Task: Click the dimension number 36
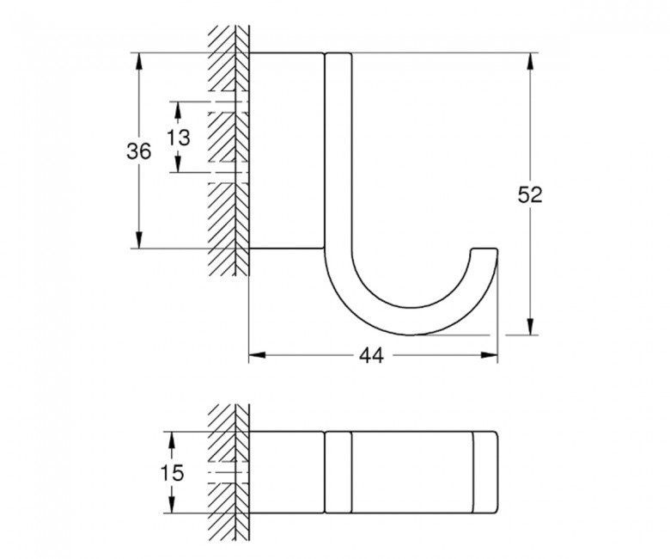139,151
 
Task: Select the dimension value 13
178,137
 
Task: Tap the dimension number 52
531,194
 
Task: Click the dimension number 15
172,472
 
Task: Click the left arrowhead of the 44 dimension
256,353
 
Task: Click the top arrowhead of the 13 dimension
178,108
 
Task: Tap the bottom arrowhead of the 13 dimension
178,166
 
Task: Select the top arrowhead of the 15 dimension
172,437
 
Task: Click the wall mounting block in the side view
286,150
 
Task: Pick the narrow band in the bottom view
338,471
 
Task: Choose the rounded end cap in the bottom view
485,471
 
